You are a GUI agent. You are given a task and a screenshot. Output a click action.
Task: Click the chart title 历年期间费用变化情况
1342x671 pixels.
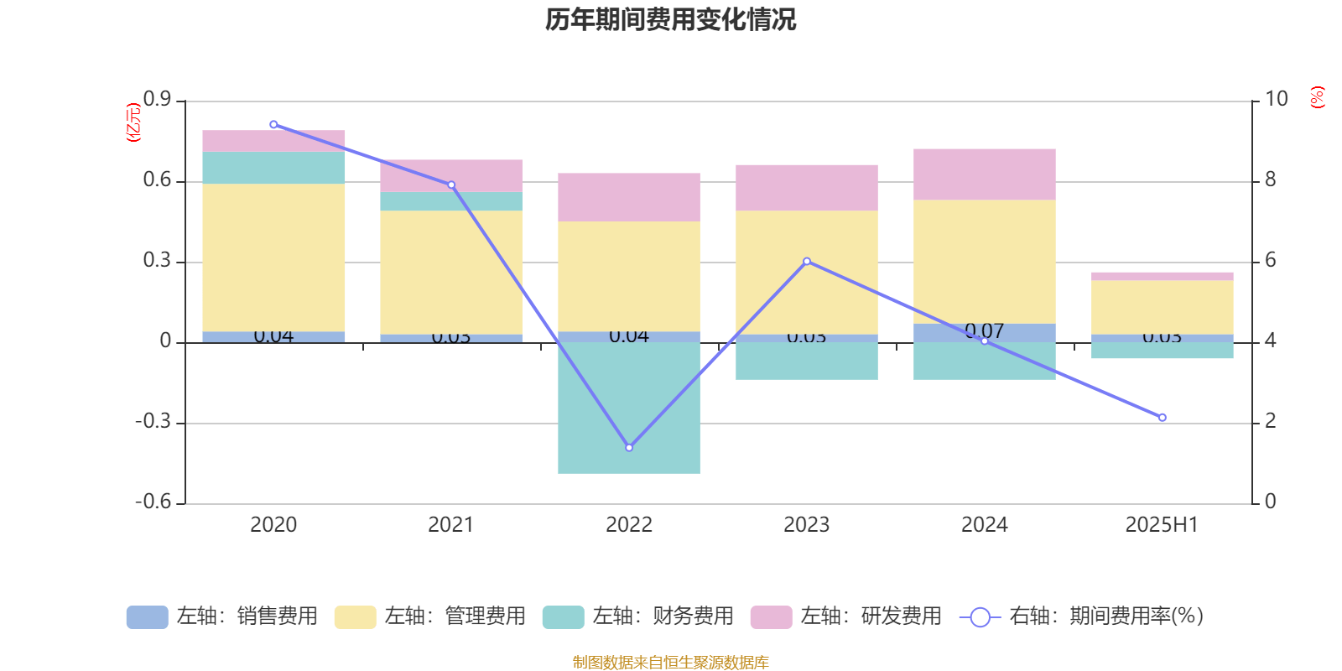(x=670, y=19)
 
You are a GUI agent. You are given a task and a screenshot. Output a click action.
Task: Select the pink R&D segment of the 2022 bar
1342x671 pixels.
(x=629, y=197)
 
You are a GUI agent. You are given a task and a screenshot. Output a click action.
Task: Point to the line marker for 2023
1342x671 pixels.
(x=807, y=262)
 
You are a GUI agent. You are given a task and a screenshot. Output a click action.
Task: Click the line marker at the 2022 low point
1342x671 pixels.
(x=629, y=448)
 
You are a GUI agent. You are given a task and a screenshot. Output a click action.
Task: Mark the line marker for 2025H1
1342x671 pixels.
(x=1162, y=418)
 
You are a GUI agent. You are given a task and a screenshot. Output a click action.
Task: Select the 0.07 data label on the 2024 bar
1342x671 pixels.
(x=984, y=330)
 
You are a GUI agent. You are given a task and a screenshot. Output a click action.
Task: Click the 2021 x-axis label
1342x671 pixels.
(x=450, y=525)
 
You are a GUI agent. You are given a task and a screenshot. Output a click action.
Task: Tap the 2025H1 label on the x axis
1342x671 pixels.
(x=1161, y=525)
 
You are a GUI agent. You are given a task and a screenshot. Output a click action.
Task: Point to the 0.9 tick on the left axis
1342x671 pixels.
(x=157, y=100)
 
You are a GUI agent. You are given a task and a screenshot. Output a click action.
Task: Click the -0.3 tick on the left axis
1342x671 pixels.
(x=153, y=422)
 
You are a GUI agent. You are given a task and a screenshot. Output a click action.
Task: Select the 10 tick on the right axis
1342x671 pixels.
(x=1276, y=99)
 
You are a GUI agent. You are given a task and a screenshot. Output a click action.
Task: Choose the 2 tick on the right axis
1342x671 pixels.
(x=1270, y=421)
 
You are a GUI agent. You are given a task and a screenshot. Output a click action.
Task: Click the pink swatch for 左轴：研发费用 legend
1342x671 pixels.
(x=771, y=617)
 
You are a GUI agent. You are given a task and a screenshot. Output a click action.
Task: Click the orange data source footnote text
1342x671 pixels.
(x=670, y=663)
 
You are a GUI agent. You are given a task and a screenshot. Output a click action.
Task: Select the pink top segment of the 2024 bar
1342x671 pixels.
(x=984, y=174)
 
